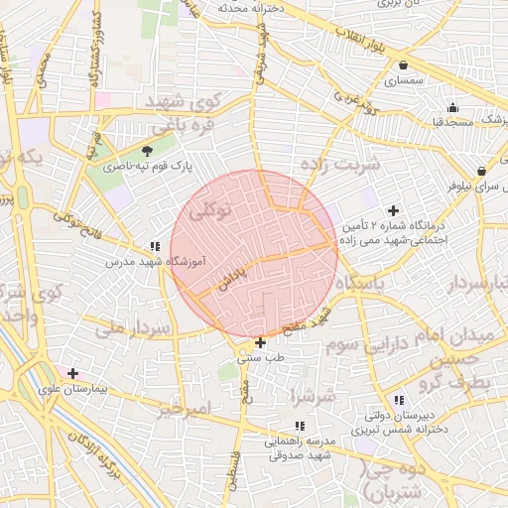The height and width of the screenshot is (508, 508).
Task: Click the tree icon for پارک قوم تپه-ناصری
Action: click(148, 151)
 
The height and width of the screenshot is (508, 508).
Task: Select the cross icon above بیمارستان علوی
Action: click(71, 374)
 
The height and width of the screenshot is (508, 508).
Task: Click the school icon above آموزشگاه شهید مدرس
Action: click(154, 246)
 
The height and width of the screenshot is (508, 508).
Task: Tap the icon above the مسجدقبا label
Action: click(453, 107)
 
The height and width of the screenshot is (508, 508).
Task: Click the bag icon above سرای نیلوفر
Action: click(480, 171)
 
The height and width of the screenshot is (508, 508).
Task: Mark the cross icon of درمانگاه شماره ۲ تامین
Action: click(394, 211)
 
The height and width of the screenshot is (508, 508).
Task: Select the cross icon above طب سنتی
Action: click(260, 343)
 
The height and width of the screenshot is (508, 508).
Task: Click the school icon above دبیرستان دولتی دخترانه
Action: click(398, 401)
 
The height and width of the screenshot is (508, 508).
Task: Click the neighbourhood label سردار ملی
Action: click(125, 327)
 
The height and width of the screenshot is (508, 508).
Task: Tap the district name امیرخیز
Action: click(185, 409)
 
